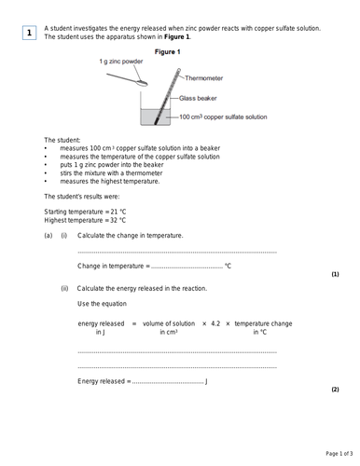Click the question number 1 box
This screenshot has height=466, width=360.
[30, 34]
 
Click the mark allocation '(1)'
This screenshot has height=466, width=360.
[335, 275]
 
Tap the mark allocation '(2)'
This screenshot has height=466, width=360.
[335, 390]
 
